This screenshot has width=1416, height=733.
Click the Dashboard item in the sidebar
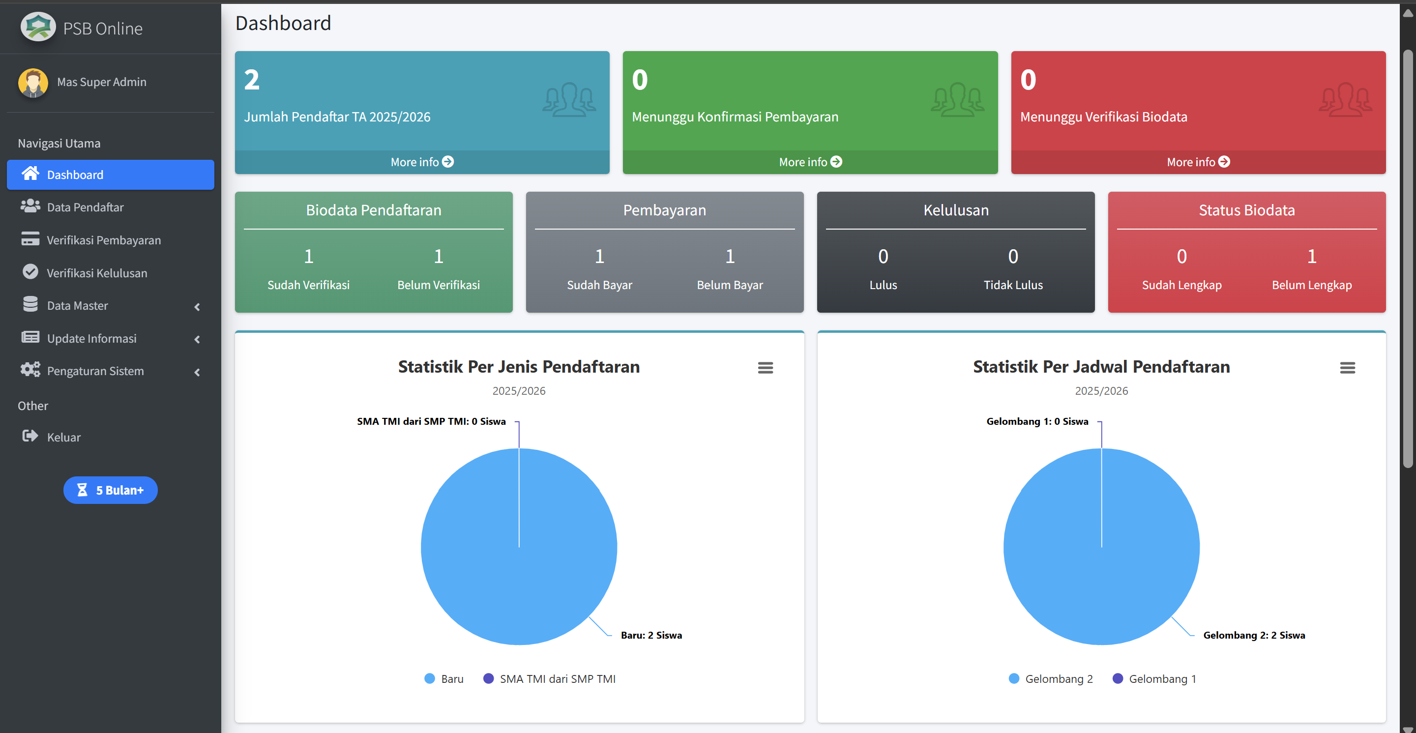[x=75, y=175]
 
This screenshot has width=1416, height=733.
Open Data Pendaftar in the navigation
[x=85, y=207]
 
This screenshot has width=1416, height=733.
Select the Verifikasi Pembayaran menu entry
[x=103, y=240]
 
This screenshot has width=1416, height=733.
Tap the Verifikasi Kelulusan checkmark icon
[x=30, y=272]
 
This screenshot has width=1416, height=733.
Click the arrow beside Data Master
[x=197, y=307]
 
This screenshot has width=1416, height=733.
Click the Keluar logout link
[x=63, y=437]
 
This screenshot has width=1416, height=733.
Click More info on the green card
[x=810, y=162]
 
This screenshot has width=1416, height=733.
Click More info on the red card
[x=1198, y=162]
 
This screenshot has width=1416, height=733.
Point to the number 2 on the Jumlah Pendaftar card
[x=252, y=80]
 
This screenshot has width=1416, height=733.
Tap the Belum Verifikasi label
[x=438, y=285]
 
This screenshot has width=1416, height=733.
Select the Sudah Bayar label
[x=599, y=285]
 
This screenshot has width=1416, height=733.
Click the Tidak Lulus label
[x=1012, y=285]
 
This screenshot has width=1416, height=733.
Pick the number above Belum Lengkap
[x=1312, y=256]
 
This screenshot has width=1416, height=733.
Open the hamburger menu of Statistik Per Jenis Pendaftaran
[x=765, y=368]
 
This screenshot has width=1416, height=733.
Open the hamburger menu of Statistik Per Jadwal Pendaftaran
[x=1347, y=368]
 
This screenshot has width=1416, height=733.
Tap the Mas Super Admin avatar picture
[x=33, y=83]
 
